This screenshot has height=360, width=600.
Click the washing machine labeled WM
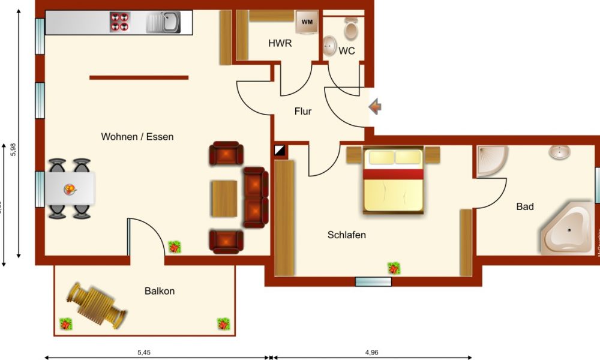(x=307, y=23)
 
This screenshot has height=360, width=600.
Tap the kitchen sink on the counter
(x=163, y=23)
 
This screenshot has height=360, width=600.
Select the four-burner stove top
(x=119, y=22)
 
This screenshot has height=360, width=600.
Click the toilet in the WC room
(x=351, y=28)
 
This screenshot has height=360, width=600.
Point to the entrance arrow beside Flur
(x=375, y=108)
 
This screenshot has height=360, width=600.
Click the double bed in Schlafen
(x=393, y=180)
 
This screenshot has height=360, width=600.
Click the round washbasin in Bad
(x=559, y=152)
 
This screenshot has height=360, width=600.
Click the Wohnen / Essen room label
(x=137, y=137)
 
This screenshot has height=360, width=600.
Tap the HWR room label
(x=280, y=43)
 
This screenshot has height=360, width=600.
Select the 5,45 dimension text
(x=144, y=352)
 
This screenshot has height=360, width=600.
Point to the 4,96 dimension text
(x=373, y=352)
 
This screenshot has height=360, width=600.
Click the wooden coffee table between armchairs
(x=225, y=199)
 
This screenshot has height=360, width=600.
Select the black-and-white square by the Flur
(x=280, y=149)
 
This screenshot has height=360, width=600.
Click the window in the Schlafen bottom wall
(x=373, y=281)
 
